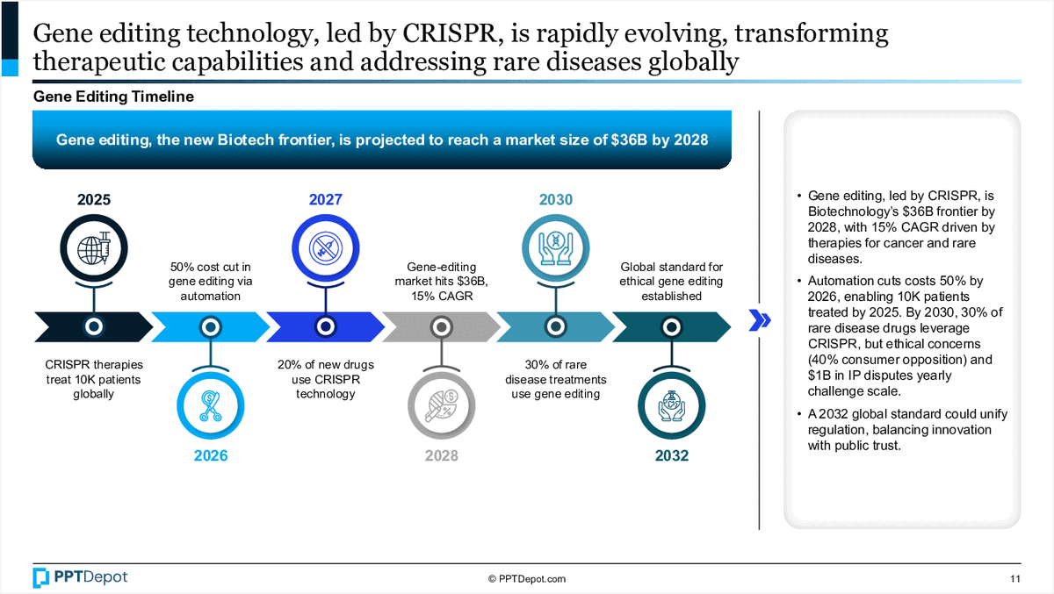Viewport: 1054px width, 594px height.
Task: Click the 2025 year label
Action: coord(94,200)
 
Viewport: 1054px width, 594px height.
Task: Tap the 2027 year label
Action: coord(325,200)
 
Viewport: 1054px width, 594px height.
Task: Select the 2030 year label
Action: coord(556,200)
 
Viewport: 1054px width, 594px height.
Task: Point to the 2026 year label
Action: coord(210,455)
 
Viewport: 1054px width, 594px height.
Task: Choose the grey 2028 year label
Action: coord(441,455)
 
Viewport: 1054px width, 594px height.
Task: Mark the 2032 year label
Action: coord(671,455)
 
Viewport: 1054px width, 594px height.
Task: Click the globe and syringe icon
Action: coord(94,248)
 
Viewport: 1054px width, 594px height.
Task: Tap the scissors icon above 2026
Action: coord(210,405)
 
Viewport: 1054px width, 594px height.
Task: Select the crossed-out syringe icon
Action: coord(325,248)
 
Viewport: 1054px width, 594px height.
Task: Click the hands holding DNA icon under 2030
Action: coord(556,248)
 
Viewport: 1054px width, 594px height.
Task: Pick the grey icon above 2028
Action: coord(441,405)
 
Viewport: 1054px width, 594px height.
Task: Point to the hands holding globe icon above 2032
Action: coord(671,405)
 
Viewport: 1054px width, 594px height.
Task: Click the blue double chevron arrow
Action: coord(760,320)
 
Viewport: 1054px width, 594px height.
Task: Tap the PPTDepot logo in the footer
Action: coord(80,577)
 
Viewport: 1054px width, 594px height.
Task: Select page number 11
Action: coord(1015,579)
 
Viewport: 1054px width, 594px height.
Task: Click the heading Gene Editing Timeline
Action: coord(113,97)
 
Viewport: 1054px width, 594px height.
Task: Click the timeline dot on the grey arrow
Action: coord(441,326)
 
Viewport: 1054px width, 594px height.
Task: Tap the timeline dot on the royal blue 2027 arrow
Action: coord(325,326)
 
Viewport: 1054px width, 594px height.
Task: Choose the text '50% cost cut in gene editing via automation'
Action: coord(210,282)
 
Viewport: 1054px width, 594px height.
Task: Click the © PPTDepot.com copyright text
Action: coord(526,579)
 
